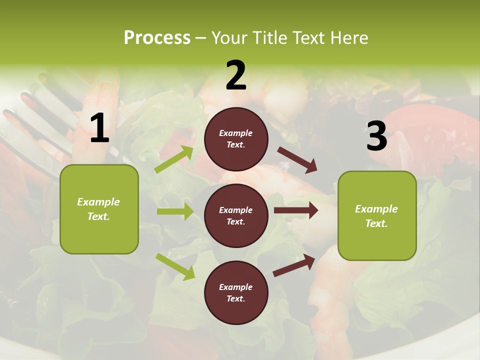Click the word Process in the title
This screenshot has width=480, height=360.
point(157,38)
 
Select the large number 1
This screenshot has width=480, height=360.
point(99,128)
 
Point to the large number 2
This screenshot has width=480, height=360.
point(236,75)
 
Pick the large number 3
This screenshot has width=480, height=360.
point(376,136)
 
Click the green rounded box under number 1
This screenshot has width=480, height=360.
point(99,209)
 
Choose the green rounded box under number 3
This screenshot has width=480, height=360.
point(377,216)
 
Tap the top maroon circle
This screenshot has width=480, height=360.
point(236,139)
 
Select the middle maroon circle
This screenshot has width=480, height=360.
point(236,216)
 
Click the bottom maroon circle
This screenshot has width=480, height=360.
point(236,293)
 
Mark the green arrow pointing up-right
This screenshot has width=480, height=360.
point(175,159)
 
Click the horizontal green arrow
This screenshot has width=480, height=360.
point(175,211)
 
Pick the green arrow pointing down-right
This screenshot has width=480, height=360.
point(175,266)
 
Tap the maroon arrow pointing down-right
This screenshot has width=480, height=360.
point(297,160)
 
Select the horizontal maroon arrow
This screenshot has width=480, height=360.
point(296,210)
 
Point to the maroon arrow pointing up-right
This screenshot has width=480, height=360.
point(294,265)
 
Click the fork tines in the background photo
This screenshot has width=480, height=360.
point(30,115)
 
